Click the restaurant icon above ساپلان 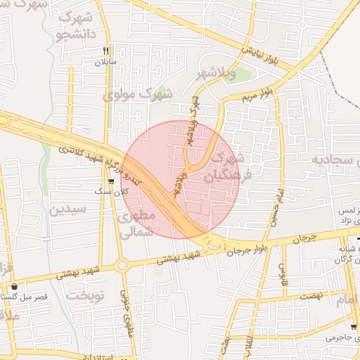(x=105, y=51)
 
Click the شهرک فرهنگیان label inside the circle (x=226, y=167)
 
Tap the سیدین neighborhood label (x=67, y=210)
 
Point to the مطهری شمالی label (x=136, y=224)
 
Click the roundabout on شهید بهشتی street (x=123, y=266)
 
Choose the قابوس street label (x=284, y=269)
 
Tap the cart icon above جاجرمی (x=353, y=327)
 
